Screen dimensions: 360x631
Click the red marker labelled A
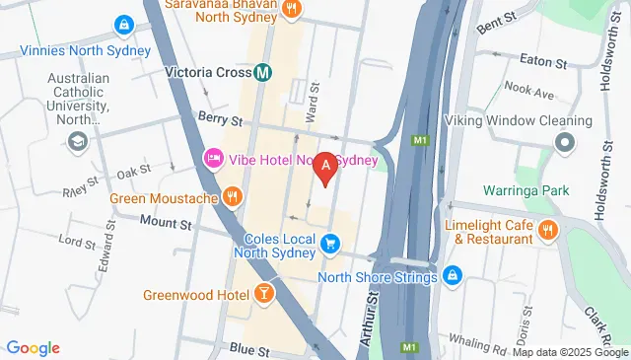[322, 169]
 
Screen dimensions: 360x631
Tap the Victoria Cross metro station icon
[263, 72]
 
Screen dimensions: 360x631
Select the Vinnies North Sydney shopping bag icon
[124, 24]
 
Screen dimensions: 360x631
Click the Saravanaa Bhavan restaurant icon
[292, 9]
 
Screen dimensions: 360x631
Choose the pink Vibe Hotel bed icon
[213, 159]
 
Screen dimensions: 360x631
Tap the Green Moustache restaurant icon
[232, 196]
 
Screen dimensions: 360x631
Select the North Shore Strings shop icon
[452, 275]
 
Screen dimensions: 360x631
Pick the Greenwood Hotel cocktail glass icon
[264, 293]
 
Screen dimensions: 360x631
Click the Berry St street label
[217, 115]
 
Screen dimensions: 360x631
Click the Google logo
[33, 347]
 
